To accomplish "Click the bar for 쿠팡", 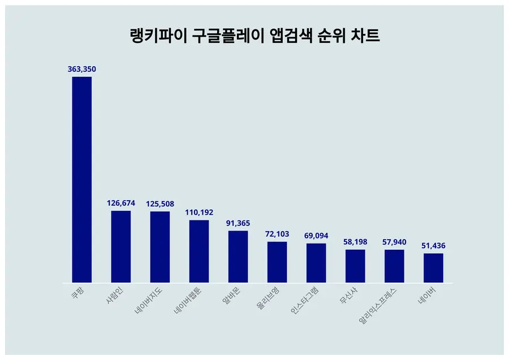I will coord(81,180).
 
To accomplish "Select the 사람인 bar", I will coord(120,246).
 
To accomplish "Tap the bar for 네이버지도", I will coord(160,247).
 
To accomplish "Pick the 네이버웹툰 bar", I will coord(199,251).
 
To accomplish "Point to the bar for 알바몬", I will coord(238,257).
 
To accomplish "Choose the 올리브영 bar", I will coord(277,262).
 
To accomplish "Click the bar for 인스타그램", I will coord(316,263).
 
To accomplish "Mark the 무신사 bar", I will coord(355,266).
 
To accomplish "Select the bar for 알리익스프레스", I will coord(394,266).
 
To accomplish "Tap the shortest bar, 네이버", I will coord(433,268).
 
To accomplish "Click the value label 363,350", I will coord(81,69).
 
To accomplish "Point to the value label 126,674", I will coord(120,203).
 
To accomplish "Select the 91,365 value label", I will coord(238,223).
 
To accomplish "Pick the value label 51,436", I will coord(433,246).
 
